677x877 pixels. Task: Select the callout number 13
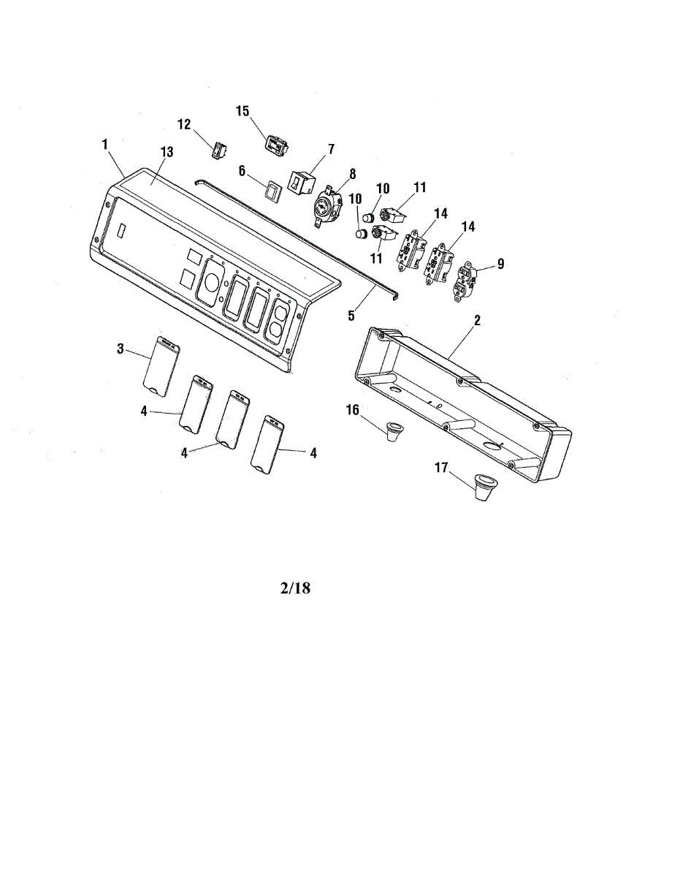click(x=167, y=152)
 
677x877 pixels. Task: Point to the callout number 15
click(x=242, y=111)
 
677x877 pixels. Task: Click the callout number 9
click(x=500, y=265)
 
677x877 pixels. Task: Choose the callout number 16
click(x=353, y=411)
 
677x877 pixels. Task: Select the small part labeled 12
click(x=218, y=150)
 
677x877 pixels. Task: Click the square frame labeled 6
click(x=272, y=191)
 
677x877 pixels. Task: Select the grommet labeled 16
click(x=394, y=430)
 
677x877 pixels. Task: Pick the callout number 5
click(x=351, y=316)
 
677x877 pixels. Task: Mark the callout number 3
click(x=121, y=349)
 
